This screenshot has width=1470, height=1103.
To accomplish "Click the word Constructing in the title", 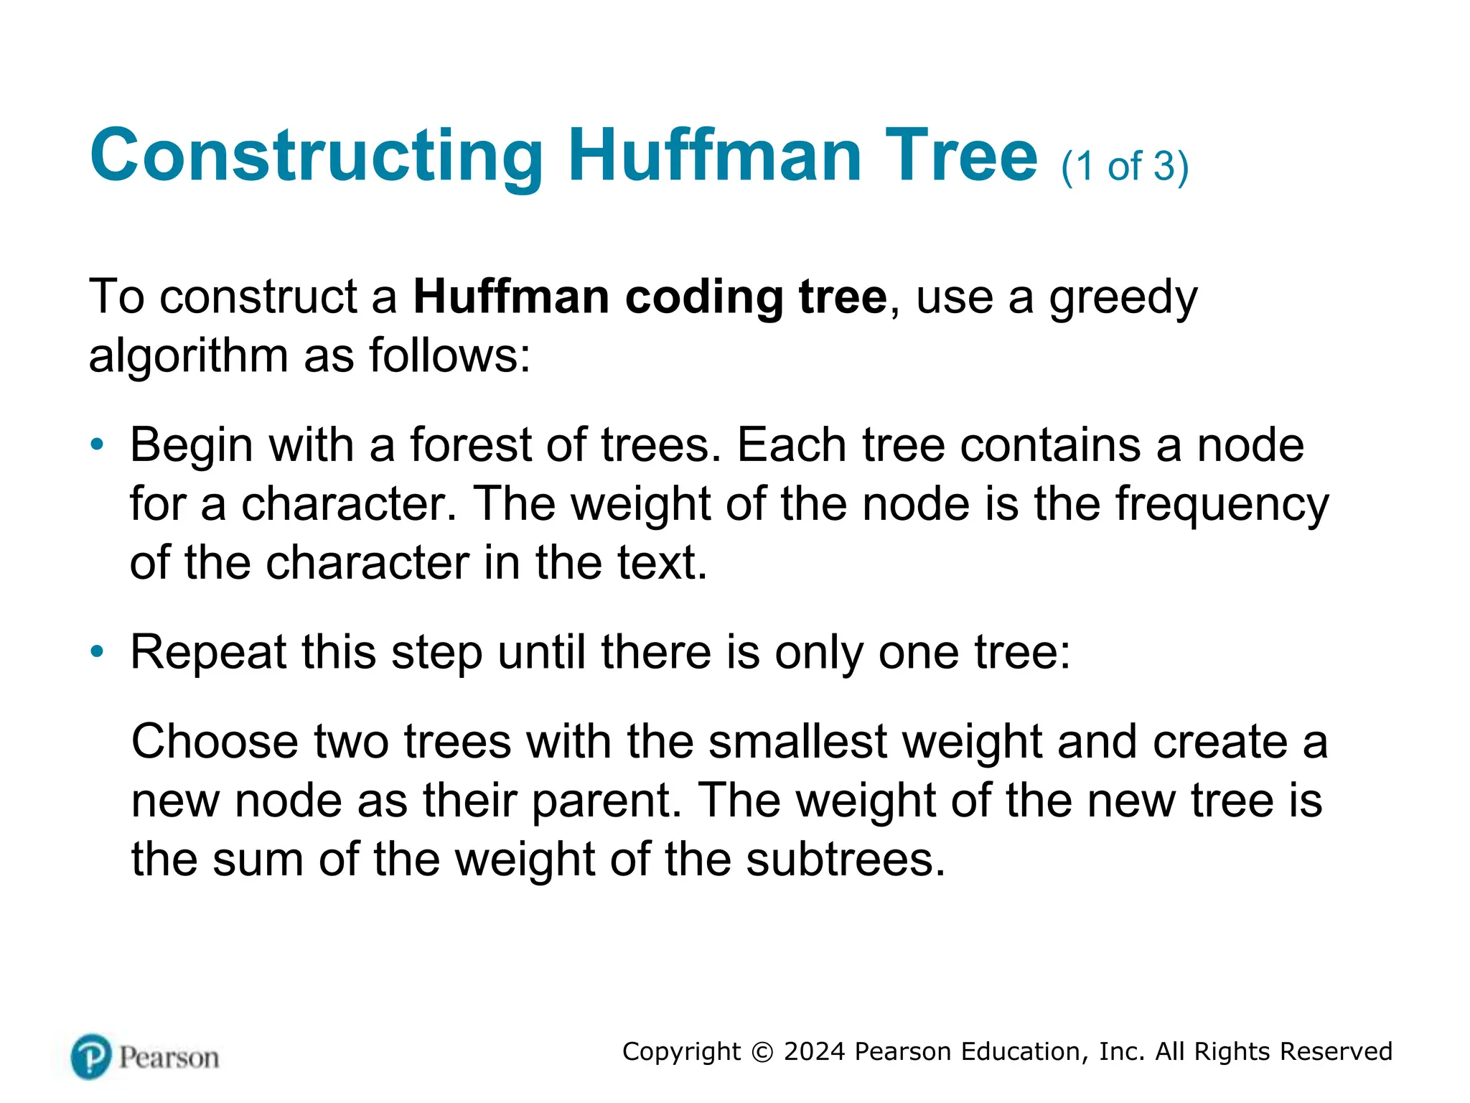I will click(x=317, y=156).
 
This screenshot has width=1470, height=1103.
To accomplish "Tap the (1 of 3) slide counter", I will click(x=1125, y=167).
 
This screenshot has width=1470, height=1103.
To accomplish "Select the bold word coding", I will click(x=703, y=297).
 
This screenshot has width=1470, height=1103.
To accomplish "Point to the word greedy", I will click(x=1123, y=298).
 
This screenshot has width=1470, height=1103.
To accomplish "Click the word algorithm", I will click(x=188, y=356).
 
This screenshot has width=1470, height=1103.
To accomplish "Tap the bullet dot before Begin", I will click(x=97, y=445).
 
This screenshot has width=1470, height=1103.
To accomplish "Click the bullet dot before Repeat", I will click(x=97, y=652).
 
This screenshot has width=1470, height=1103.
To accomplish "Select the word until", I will click(x=542, y=652).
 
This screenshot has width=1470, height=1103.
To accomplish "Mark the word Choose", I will click(x=215, y=741).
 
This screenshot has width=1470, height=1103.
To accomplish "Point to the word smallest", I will click(x=797, y=741).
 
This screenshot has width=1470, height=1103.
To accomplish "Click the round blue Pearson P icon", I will click(x=91, y=1056).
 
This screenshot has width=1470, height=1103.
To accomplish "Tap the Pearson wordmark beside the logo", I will click(x=169, y=1058).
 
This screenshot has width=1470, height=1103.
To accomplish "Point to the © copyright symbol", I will click(x=762, y=1052).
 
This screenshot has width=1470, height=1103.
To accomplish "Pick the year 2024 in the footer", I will click(x=814, y=1051).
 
